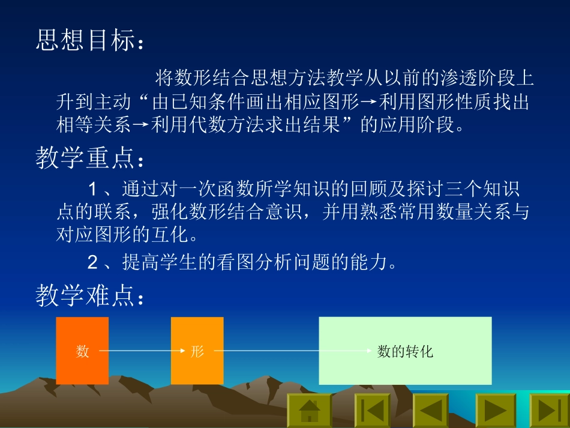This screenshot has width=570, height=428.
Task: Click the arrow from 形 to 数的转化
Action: tap(288, 351)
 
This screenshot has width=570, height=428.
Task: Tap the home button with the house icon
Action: tap(310, 411)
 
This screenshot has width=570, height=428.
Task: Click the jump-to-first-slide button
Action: tap(372, 411)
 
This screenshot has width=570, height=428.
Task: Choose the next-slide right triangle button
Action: tap(496, 411)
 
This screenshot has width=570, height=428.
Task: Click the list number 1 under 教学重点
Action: tap(92, 190)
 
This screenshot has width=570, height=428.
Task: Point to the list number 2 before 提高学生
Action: tap(92, 262)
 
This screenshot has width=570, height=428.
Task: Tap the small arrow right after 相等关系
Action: tap(141, 125)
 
